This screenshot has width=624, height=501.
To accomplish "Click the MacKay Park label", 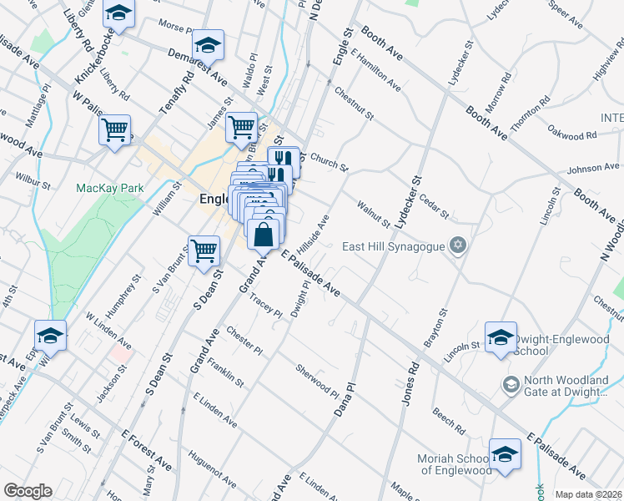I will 109,188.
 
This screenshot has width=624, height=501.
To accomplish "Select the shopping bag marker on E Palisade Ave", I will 263,235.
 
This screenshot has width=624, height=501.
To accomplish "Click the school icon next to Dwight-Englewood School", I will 501,337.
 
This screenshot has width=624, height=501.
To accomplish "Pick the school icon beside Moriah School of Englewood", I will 505,455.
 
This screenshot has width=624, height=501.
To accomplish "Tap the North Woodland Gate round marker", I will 511,385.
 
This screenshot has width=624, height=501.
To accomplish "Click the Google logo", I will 27,491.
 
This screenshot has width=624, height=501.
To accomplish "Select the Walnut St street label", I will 373,213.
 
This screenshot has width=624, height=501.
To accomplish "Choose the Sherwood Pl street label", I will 318,381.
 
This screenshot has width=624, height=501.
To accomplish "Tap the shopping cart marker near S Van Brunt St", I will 204,250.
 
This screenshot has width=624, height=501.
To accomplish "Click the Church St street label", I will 329,161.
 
